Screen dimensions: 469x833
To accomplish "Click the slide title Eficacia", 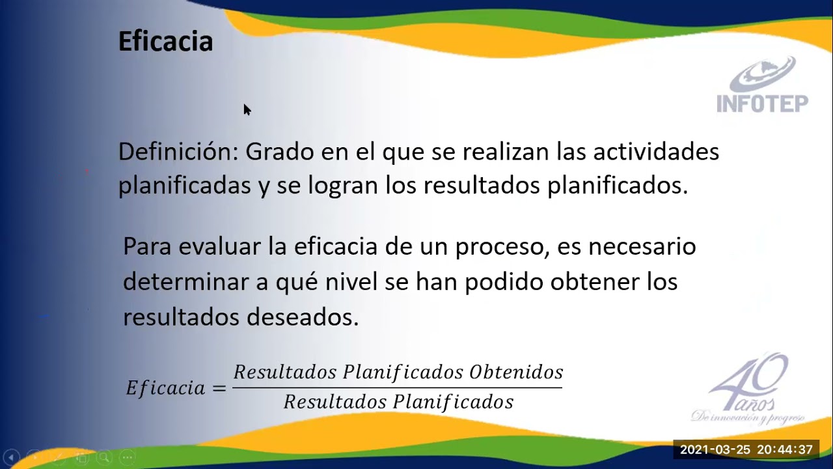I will pos(165,42).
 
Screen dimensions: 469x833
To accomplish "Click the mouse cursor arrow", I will pos(247,109).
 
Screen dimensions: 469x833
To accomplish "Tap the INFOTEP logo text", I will pos(762,104).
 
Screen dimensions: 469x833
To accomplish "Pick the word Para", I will pos(147,247).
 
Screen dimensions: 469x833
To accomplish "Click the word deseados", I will pos(303,317).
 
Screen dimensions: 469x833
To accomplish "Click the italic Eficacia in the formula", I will pos(165,388).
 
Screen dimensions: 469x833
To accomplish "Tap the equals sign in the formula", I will pos(219,388).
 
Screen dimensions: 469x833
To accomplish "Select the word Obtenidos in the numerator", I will pos(516,373).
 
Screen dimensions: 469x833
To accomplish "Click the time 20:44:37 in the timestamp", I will pos(785,450).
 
